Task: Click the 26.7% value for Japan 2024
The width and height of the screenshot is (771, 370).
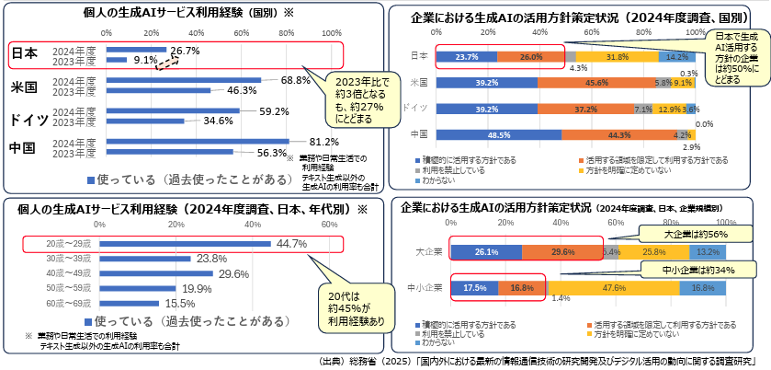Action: coord(186,49)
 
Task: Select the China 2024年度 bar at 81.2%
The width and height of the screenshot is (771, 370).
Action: coord(198,142)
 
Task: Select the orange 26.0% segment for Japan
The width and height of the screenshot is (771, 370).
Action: coord(531,56)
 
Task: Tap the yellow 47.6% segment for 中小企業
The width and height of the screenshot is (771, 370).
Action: coord(615,287)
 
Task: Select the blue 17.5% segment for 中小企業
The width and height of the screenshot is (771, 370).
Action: coord(474,287)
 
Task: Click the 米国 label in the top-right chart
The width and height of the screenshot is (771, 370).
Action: coord(419,82)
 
